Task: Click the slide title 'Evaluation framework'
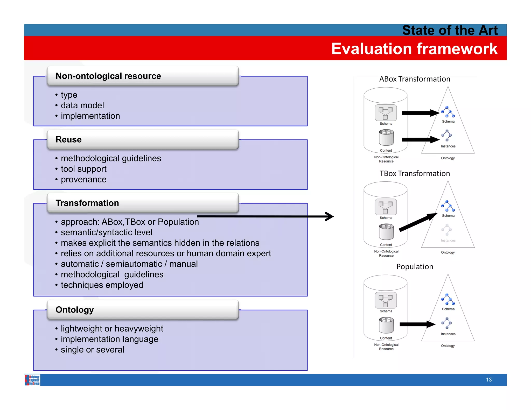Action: pos(414,49)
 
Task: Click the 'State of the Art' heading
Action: pos(450,30)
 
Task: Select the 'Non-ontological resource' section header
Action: pos(108,76)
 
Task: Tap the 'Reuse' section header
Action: pos(69,139)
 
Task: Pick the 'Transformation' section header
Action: pos(87,203)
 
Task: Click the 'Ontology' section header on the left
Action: pos(75,310)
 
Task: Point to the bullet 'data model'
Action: pos(82,105)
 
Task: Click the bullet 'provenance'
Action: pos(83,179)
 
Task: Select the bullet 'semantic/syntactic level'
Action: pos(106,232)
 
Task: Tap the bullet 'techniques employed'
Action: pos(102,285)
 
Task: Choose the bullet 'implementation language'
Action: pos(109,339)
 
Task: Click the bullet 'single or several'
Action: pos(92,350)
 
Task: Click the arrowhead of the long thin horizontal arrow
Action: pos(330,216)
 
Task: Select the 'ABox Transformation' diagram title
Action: pos(415,79)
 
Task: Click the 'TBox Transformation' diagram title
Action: pos(415,173)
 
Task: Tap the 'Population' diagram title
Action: pos(415,267)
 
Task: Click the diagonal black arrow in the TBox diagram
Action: pos(417,222)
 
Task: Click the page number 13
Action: pos(488,380)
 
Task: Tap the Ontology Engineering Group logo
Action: pos(32,380)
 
